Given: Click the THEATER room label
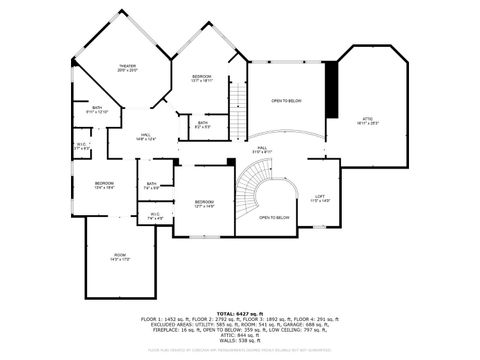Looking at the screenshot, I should [127, 67].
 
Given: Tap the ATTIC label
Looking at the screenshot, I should [367, 120].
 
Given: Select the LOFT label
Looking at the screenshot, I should [319, 197].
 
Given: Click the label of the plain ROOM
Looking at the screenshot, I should [120, 256].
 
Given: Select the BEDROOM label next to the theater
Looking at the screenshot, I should [201, 77].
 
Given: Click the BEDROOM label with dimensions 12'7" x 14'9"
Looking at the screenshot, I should [204, 202].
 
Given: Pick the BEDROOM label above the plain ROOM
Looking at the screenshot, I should [104, 183].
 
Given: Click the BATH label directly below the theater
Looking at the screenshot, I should [97, 108].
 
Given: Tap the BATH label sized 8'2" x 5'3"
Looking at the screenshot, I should [202, 123].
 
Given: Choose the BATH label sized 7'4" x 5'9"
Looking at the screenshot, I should [152, 184].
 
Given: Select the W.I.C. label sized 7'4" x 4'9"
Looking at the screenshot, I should [155, 214].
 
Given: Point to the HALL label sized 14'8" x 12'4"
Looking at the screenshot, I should [146, 136].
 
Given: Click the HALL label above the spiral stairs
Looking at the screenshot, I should [262, 149].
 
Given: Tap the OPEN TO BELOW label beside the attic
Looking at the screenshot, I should [287, 101].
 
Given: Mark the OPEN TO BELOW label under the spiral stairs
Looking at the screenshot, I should [274, 217].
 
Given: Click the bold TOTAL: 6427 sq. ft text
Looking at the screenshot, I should [239, 313].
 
